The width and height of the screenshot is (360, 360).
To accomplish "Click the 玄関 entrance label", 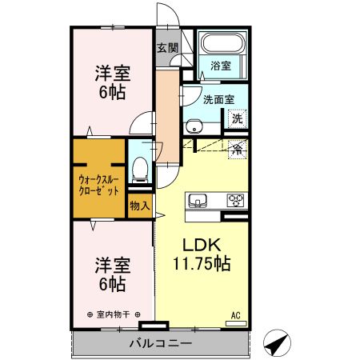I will (x=166, y=46).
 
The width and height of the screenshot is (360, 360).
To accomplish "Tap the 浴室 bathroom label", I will (x=222, y=65).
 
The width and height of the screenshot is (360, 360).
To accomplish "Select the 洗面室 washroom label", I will (x=218, y=100).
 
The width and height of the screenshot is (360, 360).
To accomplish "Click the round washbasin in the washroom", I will (x=194, y=125).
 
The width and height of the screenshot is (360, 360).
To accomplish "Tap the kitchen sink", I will (x=198, y=200).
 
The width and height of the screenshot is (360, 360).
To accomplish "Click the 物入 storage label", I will (x=139, y=206).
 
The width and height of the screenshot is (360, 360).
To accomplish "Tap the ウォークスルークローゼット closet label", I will (x=99, y=186).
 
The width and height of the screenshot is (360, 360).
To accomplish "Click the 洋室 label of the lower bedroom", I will (x=111, y=264).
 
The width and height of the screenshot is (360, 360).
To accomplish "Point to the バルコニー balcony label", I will (x=160, y=343).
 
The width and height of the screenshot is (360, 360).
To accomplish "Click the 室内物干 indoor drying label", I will (x=113, y=314).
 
